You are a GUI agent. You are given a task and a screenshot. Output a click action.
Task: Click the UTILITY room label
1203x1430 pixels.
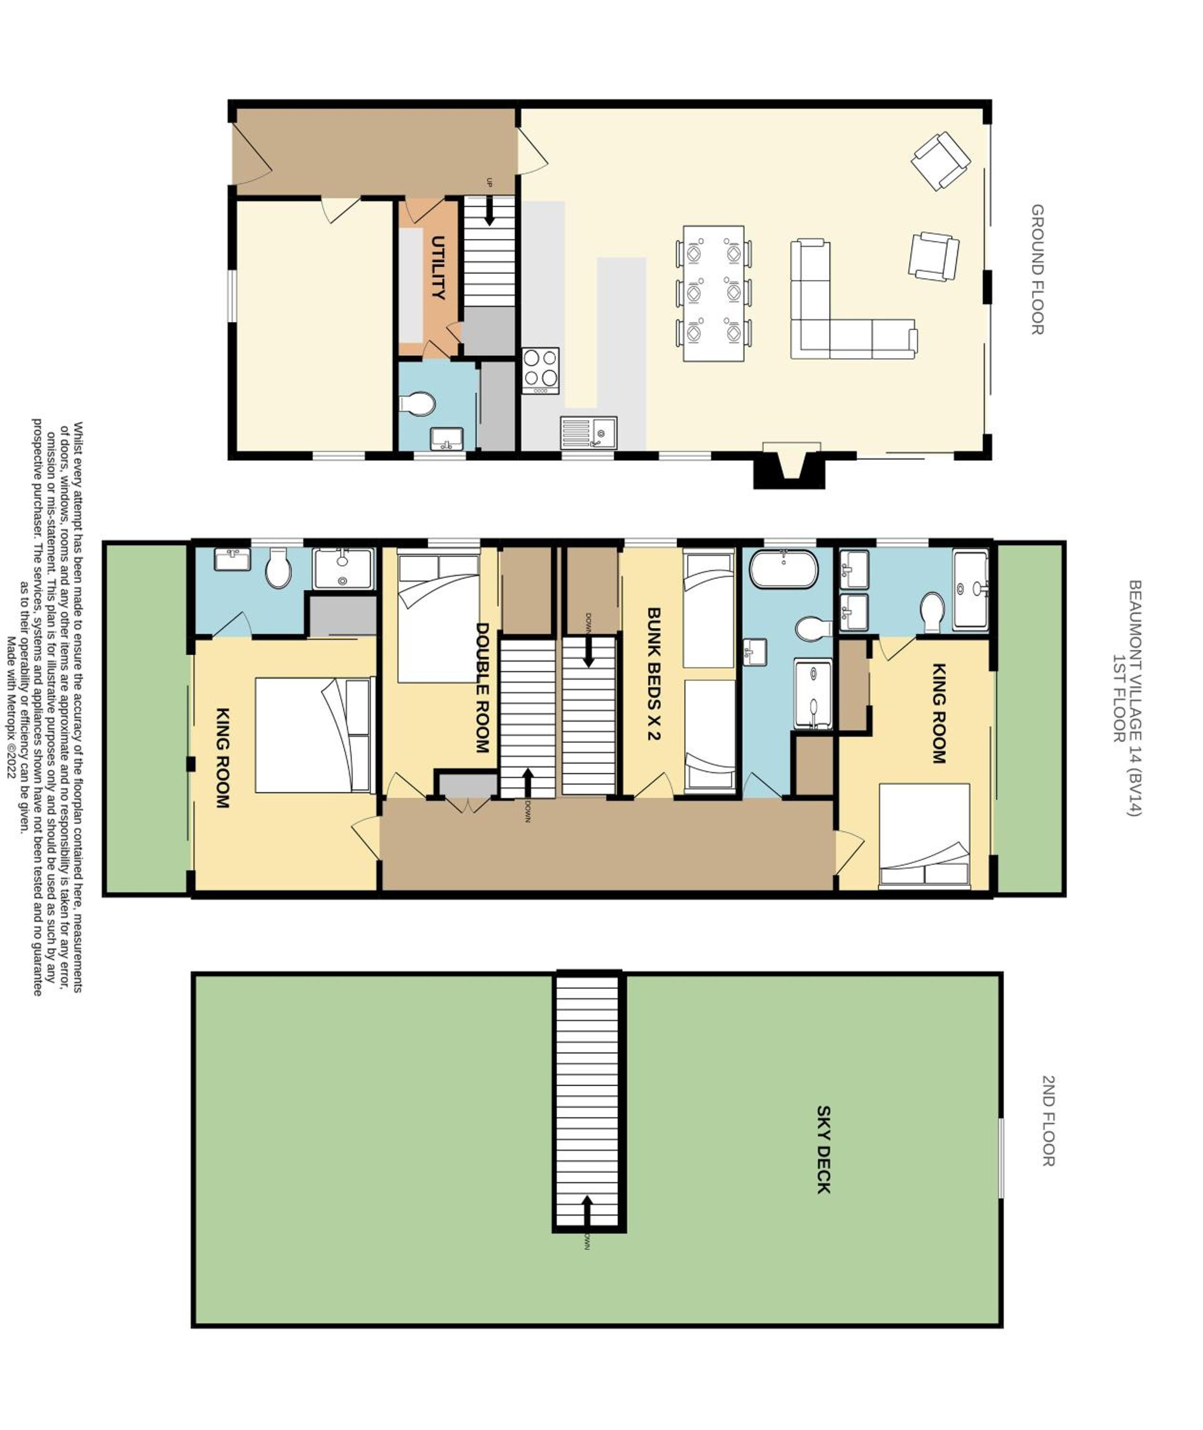438,267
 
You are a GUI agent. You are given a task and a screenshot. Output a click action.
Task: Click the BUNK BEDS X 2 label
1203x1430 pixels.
653,674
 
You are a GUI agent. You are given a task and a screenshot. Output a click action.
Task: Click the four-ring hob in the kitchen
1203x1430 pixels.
541,371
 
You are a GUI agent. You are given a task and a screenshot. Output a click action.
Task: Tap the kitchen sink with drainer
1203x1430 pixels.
589,433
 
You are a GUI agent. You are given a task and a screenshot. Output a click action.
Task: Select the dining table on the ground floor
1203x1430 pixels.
714,293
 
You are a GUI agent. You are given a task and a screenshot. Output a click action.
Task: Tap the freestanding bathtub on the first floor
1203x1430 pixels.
783,570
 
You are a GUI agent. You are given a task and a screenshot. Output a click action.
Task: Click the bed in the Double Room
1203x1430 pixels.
438,618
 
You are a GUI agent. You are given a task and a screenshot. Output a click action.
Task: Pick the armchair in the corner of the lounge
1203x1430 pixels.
941,161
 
